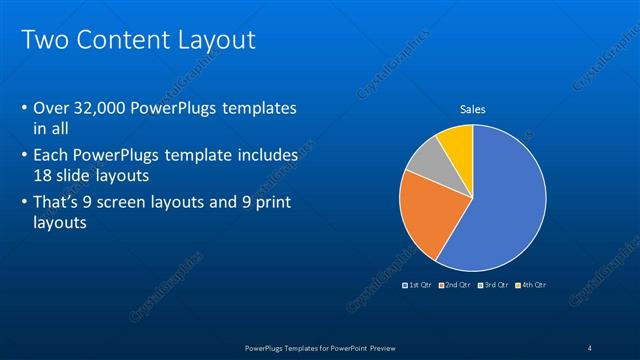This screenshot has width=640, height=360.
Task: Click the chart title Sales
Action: click(x=473, y=109)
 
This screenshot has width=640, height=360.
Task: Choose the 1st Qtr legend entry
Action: click(x=417, y=285)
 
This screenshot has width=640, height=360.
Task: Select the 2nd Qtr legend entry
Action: click(x=454, y=285)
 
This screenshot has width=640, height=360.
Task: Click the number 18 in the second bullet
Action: click(x=44, y=174)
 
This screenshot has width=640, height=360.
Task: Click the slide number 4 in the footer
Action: click(x=590, y=347)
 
